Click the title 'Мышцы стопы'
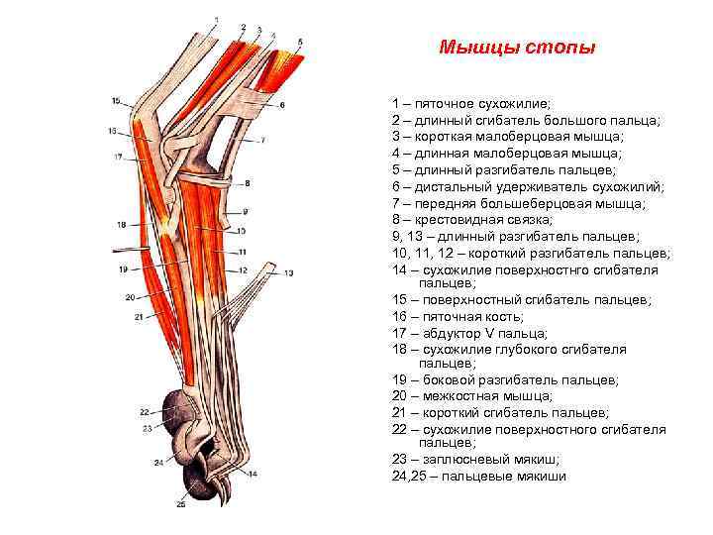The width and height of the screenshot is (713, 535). coord(518,48)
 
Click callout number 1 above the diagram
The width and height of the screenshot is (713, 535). coord(217,18)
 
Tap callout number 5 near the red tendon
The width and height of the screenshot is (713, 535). coord(301,41)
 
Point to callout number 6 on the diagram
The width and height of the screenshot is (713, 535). coord(281,104)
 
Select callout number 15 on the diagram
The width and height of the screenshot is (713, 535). coord(116,101)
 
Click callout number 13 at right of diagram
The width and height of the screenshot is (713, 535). coord(289,272)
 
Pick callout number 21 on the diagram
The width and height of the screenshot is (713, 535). coord(140,316)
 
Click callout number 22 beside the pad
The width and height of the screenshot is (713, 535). coord(144,410)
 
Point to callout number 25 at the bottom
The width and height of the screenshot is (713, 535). coord(181,504)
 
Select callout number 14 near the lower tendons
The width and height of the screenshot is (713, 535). coord(252,474)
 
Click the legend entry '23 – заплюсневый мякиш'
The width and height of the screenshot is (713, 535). coord(475,460)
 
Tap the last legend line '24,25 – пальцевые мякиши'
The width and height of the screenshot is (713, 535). coord(479,477)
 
